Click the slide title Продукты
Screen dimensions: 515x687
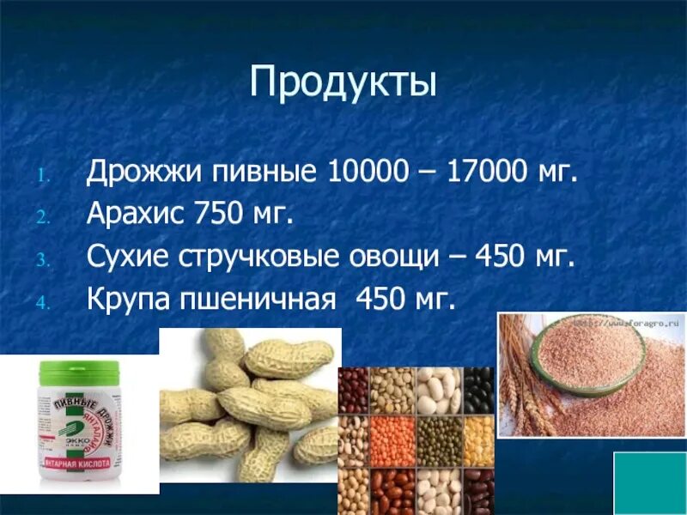[343, 84]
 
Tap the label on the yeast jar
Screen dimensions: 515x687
[79, 429]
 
